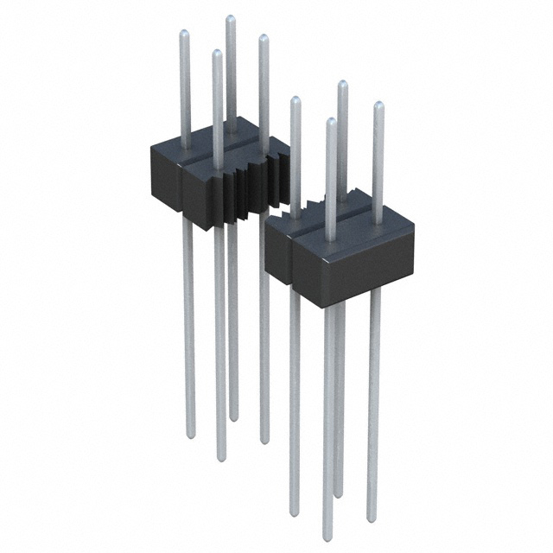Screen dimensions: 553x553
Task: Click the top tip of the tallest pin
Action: pyautogui.click(x=230, y=18)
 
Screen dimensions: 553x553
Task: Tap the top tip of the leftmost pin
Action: pyautogui.click(x=183, y=34)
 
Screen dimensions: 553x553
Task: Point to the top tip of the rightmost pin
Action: pyautogui.click(x=378, y=105)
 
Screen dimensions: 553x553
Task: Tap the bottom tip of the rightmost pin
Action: pyautogui.click(x=372, y=520)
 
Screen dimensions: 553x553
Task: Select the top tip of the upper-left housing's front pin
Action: pyautogui.click(x=217, y=53)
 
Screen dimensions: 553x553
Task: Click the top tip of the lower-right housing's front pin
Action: pyautogui.click(x=331, y=121)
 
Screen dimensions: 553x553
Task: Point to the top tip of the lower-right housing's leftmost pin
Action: pyautogui.click(x=295, y=100)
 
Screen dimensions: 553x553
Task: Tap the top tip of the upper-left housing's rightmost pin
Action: pyautogui.click(x=263, y=37)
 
